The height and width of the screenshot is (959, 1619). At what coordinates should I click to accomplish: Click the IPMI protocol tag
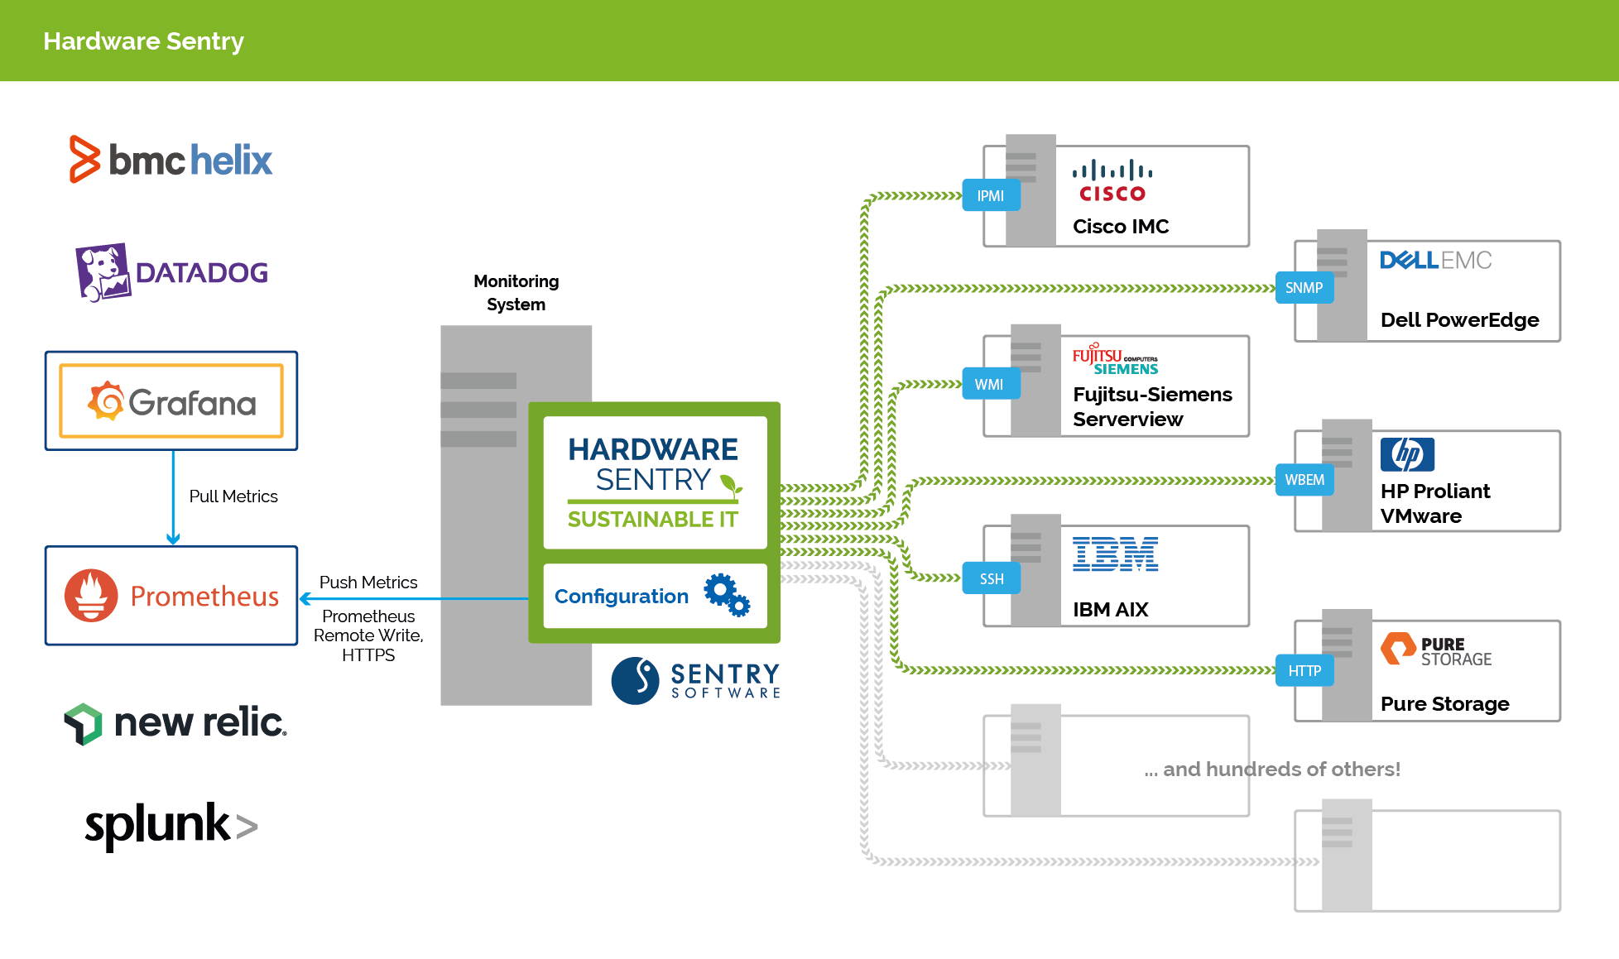coord(991,196)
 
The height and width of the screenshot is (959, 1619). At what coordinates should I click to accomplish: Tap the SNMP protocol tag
coord(1304,288)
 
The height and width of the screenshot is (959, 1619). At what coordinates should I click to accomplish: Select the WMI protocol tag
coord(990,384)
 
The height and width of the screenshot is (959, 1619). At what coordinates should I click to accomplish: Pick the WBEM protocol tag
coord(1304,480)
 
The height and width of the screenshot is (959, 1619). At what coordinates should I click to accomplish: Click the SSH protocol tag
coord(991,578)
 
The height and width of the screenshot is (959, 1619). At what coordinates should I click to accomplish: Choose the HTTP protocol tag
coord(1304,670)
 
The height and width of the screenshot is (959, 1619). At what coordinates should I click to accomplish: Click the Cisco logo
coord(1112,181)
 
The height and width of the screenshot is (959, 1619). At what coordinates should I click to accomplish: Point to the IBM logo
coord(1115,554)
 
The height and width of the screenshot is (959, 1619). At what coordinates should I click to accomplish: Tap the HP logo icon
coord(1407,454)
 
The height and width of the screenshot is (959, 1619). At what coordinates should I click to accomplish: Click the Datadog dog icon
coord(103,272)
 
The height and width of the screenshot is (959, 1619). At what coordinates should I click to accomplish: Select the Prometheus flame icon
coord(91,595)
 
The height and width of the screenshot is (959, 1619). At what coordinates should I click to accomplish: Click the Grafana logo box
coord(171,401)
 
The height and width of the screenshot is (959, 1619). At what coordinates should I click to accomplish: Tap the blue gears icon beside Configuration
coord(727,595)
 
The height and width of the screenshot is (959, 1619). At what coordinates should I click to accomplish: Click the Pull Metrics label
coord(233,496)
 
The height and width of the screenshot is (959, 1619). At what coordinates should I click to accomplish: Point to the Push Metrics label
coord(368,583)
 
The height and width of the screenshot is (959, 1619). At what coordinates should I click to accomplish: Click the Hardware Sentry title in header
coord(143,41)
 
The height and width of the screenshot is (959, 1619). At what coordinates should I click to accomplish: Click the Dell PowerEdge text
coord(1459,320)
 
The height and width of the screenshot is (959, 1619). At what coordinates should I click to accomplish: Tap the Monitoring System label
coord(516,293)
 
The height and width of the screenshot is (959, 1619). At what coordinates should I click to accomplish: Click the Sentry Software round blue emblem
coord(635,680)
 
